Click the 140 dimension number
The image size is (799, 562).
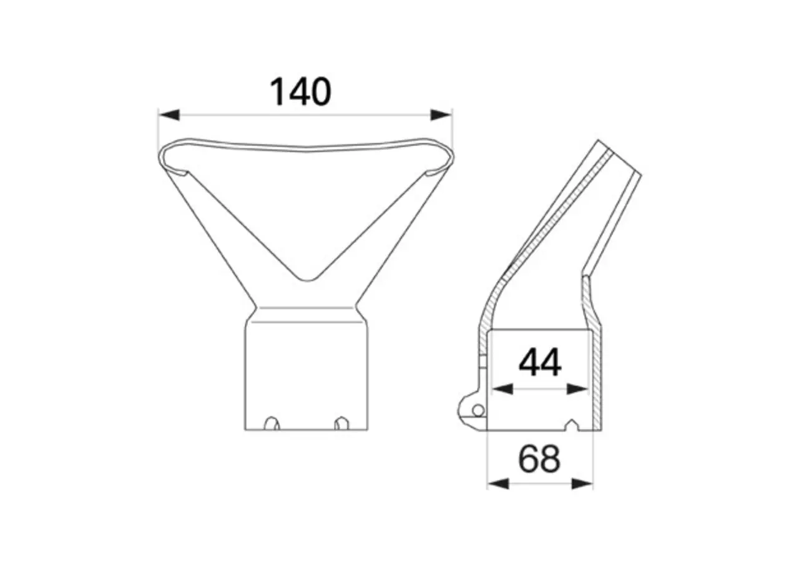301,92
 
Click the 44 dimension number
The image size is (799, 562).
540,363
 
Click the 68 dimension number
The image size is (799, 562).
539,459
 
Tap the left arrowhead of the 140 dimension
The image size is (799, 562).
169,115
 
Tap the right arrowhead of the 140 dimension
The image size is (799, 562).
441,115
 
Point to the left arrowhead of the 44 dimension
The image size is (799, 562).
502,389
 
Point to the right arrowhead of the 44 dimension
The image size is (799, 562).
577,389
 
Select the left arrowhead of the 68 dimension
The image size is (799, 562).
498,484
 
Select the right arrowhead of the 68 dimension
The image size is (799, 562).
582,484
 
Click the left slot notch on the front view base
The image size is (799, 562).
272,423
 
